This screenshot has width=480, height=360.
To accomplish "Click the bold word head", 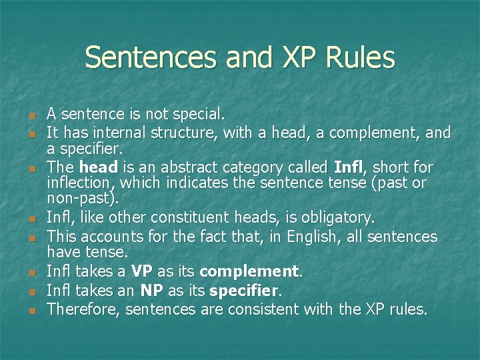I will (x=99, y=167).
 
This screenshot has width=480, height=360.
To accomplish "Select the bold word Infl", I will (x=349, y=167).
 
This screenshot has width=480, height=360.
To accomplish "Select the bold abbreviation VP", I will (x=142, y=272).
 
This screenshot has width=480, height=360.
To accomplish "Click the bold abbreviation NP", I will (x=150, y=291).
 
